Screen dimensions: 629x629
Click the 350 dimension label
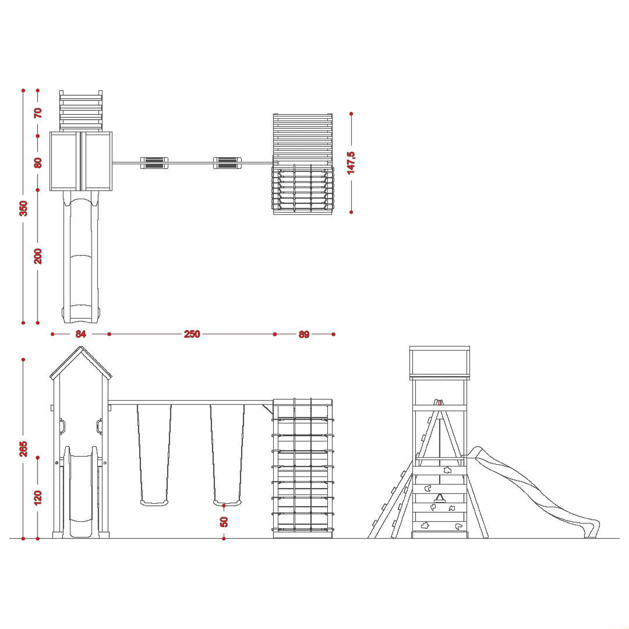24,208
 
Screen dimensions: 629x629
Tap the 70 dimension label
38,113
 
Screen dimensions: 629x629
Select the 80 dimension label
38,163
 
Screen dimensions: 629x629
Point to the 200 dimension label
38,256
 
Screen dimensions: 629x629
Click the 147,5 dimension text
351,163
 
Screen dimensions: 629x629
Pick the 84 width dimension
80,334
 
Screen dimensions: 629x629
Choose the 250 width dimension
192,334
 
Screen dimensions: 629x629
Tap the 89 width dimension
304,334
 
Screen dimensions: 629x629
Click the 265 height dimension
24,448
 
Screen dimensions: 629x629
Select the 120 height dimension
38,498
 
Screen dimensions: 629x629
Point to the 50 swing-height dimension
224,522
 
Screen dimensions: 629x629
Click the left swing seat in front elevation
154,503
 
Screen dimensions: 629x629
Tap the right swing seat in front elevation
227,503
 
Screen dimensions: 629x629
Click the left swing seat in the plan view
154,163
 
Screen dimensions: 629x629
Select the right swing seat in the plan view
227,163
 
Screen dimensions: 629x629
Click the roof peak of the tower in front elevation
81,347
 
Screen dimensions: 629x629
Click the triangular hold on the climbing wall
440,499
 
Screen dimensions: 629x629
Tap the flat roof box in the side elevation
440,363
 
